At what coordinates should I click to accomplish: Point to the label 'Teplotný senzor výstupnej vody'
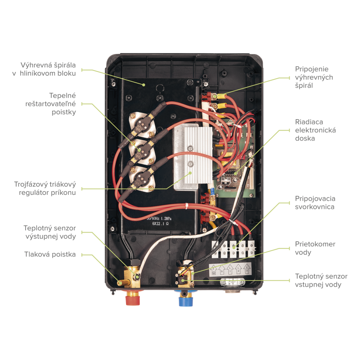pos(49,232)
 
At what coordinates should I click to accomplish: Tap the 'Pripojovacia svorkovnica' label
pos(315,202)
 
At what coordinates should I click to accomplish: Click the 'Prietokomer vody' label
pos(315,248)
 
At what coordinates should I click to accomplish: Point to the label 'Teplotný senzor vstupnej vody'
pos(321,280)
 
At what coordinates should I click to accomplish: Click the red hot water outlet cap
pos(132,298)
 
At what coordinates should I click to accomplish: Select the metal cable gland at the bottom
pos(232,284)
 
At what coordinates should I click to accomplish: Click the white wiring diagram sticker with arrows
pos(232,269)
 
